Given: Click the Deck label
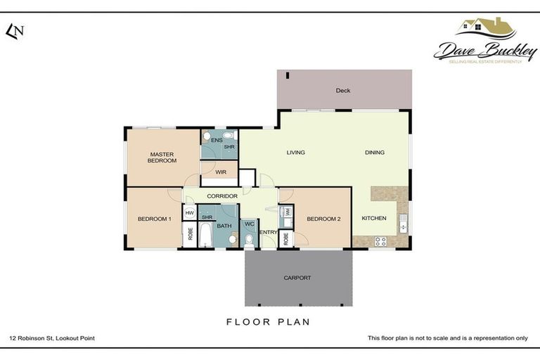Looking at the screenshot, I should coord(342,91).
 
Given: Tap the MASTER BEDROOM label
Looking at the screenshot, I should coord(162,157).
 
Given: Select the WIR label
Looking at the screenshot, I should coord(221,172).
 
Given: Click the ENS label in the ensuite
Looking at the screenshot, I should coord(217,141).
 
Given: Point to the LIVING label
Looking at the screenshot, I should coord(295,153).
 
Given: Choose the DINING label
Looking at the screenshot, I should coord(375,153).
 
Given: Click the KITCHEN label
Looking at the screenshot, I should coord(374,219).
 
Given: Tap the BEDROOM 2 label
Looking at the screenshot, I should coord(323,219).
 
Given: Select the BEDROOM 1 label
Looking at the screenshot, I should coord(155,219).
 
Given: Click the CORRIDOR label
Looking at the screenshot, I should coord(221,196).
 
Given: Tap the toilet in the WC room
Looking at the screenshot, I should coord(249,239).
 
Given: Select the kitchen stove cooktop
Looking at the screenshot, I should coord(380,241).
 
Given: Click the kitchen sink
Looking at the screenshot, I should coord(402,224).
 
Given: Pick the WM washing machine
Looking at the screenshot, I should coord(287,211).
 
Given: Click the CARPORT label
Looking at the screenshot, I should coord(298,278).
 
